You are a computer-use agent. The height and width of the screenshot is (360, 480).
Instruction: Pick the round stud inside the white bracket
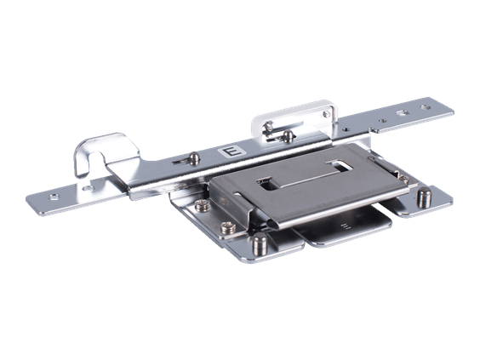tap(290, 134)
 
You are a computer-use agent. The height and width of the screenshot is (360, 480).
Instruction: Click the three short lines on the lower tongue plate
tap(344, 227)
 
